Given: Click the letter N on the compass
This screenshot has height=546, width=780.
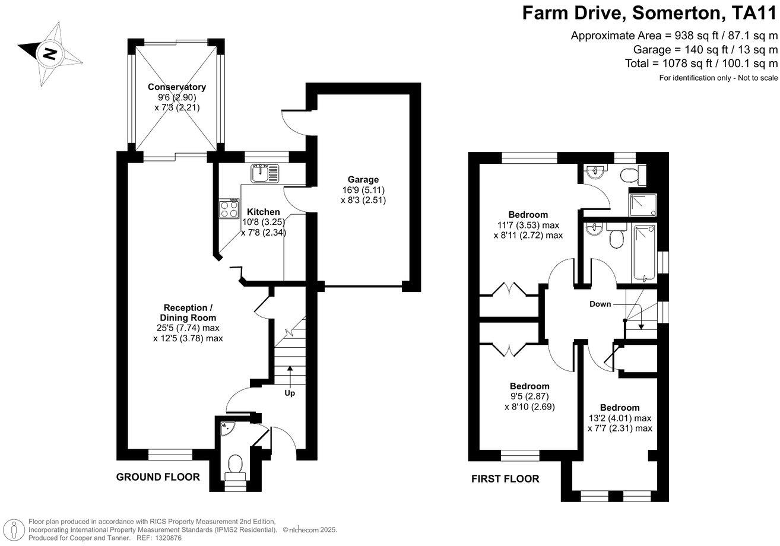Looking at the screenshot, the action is point(50,54).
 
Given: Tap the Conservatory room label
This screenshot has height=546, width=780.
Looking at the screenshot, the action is point(177,87).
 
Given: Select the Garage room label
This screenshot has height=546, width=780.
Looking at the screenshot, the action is point(363,180).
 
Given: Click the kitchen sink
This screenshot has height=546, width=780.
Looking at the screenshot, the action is point(265,173).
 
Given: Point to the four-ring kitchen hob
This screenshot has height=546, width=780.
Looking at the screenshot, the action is point(229,208).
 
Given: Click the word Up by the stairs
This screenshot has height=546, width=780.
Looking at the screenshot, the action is point(290,393).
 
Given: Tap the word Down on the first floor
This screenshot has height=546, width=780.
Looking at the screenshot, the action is point(600,304).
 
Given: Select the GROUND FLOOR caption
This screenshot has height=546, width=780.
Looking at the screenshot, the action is point(158,477).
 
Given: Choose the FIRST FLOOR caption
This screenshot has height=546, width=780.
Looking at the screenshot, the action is point(505,479).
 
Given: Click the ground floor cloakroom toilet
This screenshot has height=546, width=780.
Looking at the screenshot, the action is point(236,468).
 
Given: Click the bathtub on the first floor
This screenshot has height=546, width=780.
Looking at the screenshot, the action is point(644,253).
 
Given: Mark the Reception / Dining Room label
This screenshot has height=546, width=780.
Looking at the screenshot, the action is point(188,313).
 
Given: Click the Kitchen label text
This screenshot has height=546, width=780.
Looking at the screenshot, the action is point(263,212).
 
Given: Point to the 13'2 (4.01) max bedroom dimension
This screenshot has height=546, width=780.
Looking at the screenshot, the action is point(620,418).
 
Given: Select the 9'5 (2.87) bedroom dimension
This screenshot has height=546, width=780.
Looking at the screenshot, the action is point(529,396).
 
